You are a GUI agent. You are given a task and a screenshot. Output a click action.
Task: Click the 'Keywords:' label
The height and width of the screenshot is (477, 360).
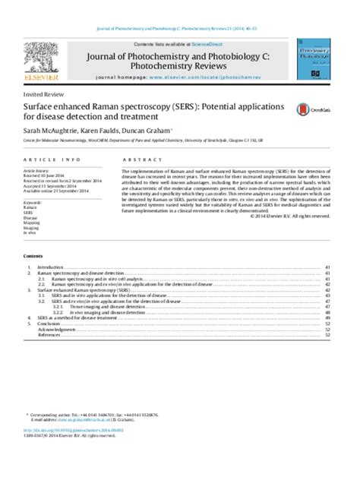tap(35, 204)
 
